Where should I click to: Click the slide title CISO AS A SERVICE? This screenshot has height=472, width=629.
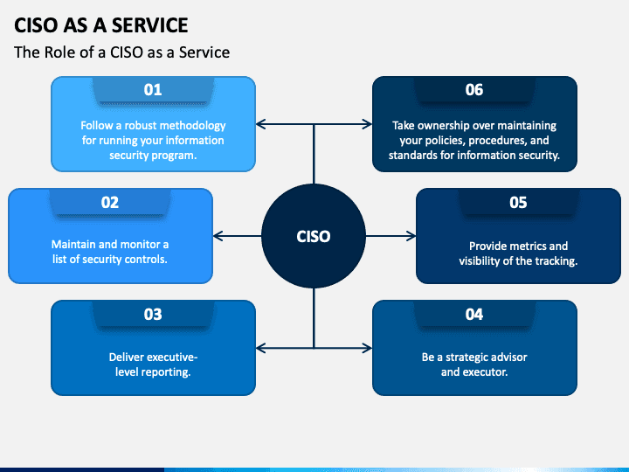pyautogui.click(x=101, y=24)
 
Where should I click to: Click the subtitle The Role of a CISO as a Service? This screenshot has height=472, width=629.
pyautogui.click(x=121, y=52)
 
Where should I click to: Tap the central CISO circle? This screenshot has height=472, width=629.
pyautogui.click(x=314, y=236)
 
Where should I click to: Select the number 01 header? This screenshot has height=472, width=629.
pyautogui.click(x=153, y=89)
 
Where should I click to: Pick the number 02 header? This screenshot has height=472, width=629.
pyautogui.click(x=110, y=202)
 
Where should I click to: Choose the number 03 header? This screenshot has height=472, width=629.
pyautogui.click(x=153, y=314)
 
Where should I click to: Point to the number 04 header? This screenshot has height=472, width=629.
pyautogui.click(x=474, y=314)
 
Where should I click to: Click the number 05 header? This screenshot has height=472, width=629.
pyautogui.click(x=518, y=202)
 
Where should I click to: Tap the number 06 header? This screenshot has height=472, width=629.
pyautogui.click(x=474, y=89)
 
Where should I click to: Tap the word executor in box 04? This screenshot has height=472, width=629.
pyautogui.click(x=486, y=371)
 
